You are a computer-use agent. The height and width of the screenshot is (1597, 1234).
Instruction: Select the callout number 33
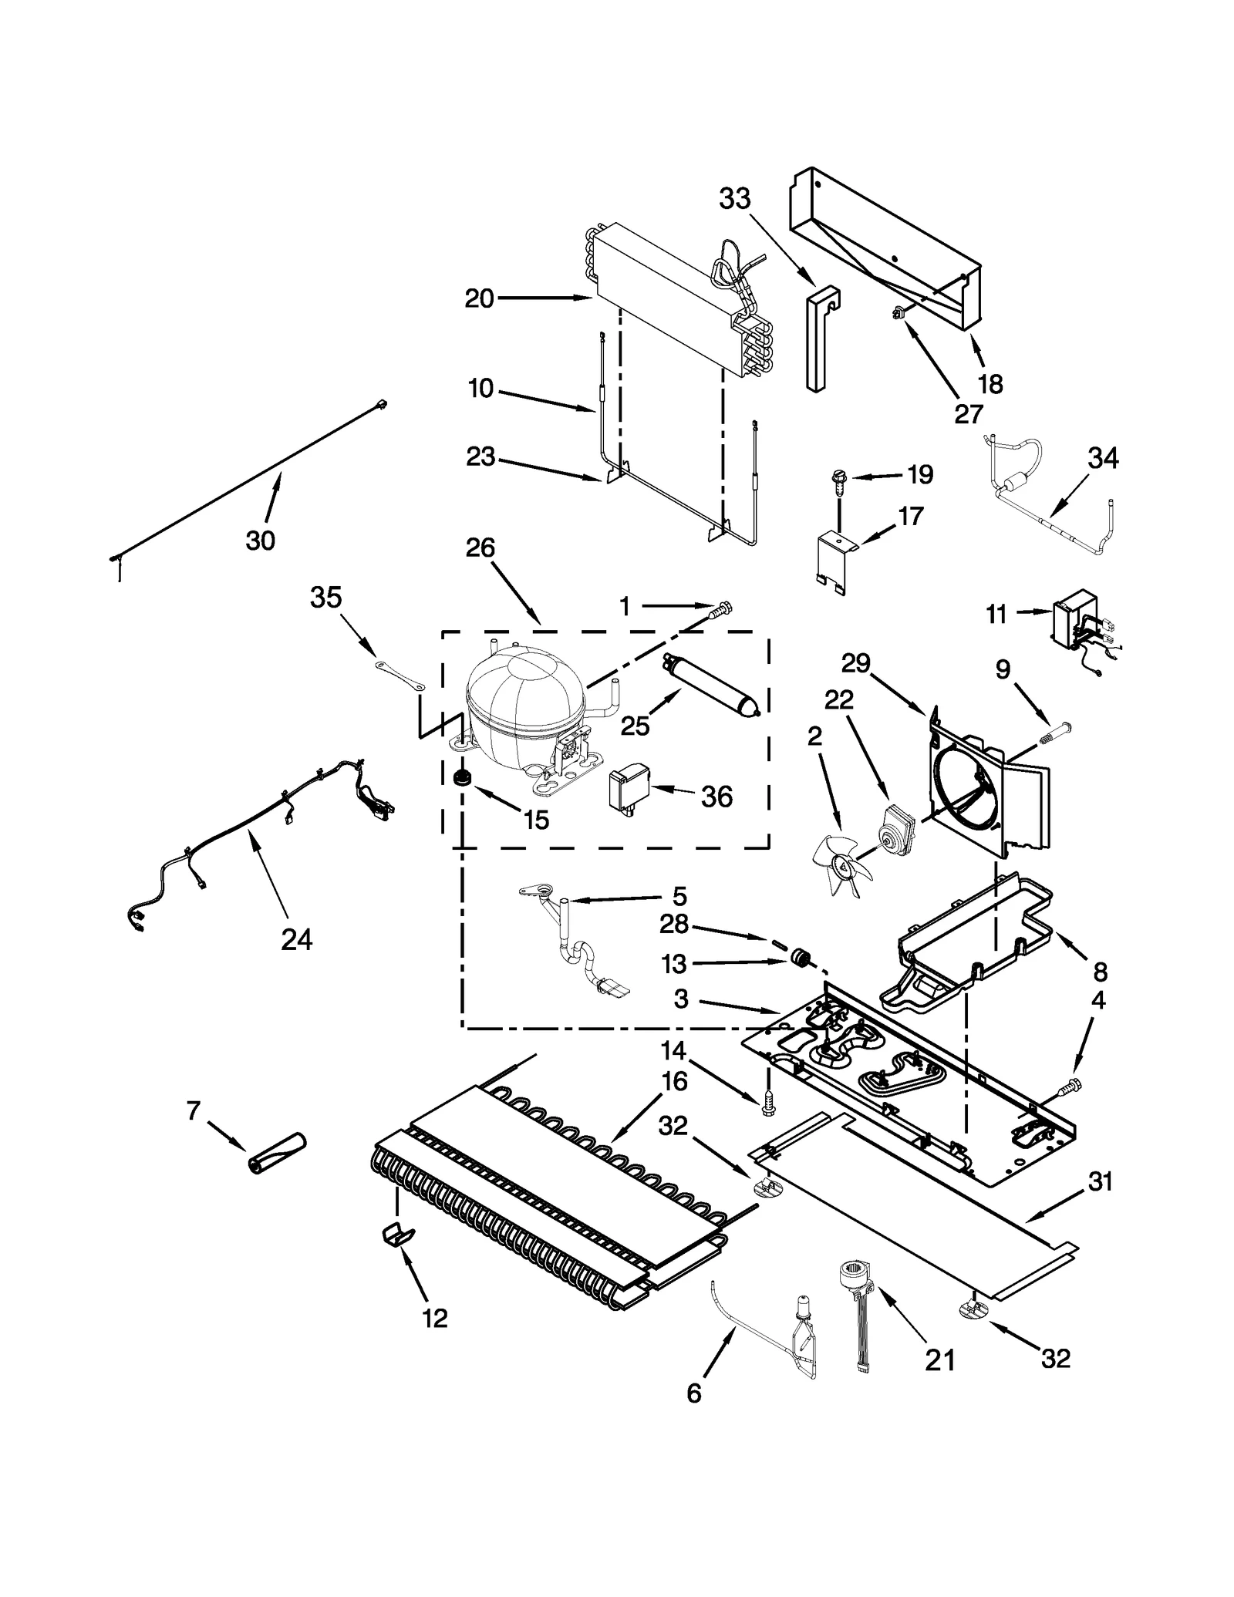(734, 199)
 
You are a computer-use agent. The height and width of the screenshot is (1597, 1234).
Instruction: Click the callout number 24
(297, 939)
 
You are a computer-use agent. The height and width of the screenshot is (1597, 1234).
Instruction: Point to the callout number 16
(674, 1082)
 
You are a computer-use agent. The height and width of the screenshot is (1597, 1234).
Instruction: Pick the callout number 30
(260, 541)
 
